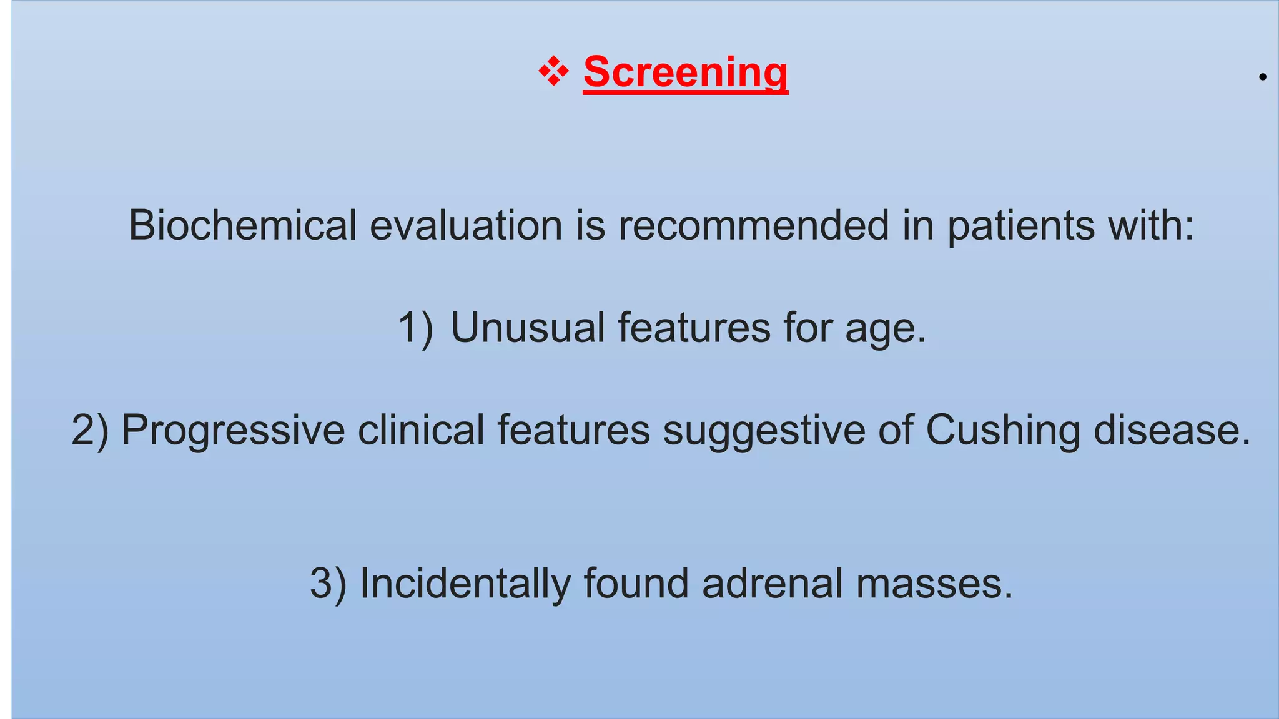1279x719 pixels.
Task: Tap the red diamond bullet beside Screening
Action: [x=553, y=71]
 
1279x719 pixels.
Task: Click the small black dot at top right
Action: [x=1262, y=77]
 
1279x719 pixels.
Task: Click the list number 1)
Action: [x=415, y=328]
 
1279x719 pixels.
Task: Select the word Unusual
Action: [x=528, y=328]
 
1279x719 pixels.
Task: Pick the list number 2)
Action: [x=90, y=430]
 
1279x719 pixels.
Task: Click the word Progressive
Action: [x=232, y=430]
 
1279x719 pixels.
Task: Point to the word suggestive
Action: [x=764, y=430]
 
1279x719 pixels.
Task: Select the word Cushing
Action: [x=1002, y=430]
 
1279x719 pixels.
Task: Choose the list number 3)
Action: [x=328, y=584]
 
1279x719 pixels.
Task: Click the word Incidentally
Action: [x=465, y=584]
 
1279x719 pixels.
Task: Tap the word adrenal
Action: [x=772, y=584]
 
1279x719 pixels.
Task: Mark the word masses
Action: [x=934, y=584]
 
